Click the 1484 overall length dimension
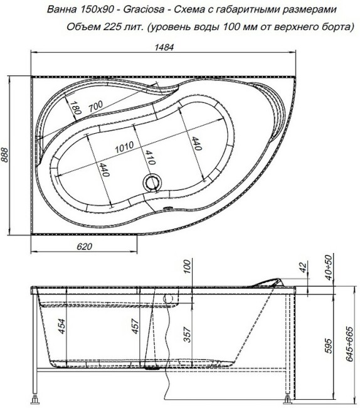164,48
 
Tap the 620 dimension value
83,247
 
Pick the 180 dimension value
76,109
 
